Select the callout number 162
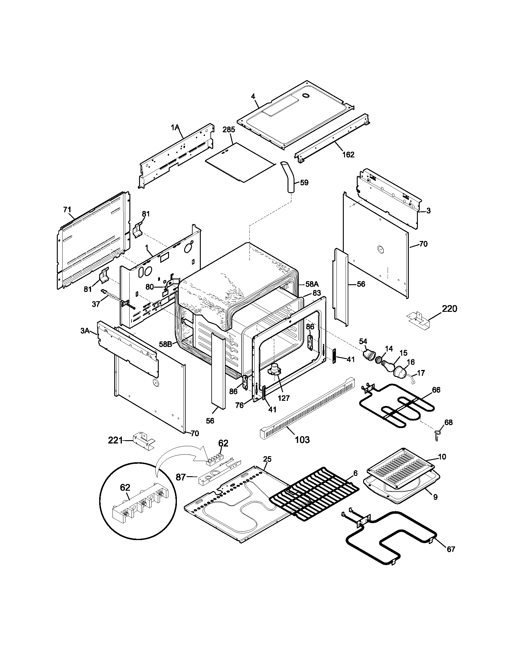(x=348, y=155)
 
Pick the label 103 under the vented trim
(x=302, y=440)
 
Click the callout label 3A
(x=85, y=331)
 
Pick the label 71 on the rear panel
(x=67, y=209)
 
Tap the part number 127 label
(x=284, y=398)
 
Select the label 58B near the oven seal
(x=166, y=344)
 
